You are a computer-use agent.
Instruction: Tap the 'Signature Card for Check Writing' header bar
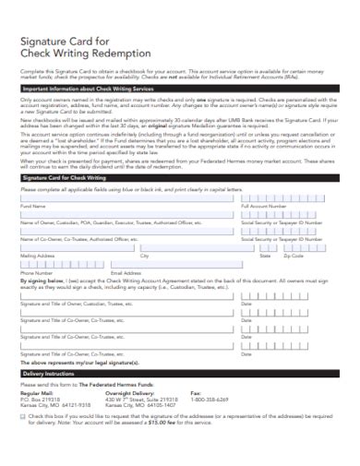point(65,201)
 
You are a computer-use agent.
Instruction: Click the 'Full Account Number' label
point(263,232)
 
